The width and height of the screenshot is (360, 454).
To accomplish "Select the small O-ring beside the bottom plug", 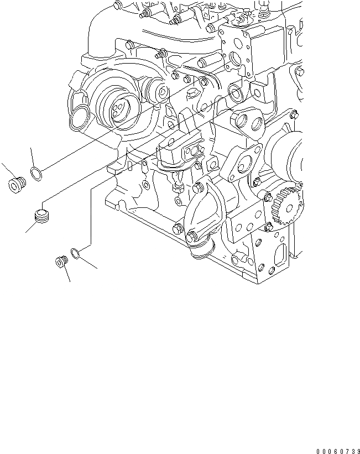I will (76, 254).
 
